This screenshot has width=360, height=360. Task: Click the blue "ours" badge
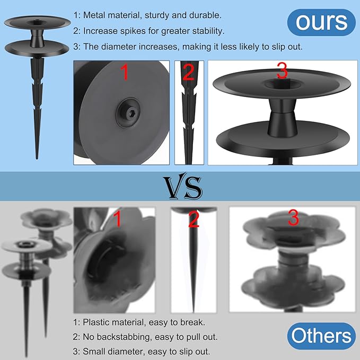(x=321, y=22)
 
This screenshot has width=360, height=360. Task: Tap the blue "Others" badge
(x=321, y=336)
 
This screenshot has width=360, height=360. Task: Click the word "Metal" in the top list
(x=94, y=15)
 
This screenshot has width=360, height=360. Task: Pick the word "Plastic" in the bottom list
(x=96, y=322)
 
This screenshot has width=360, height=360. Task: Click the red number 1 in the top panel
(x=124, y=72)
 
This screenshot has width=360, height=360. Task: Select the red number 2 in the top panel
(x=189, y=72)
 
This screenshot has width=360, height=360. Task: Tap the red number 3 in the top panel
(x=282, y=71)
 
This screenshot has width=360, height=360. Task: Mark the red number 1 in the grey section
(x=117, y=218)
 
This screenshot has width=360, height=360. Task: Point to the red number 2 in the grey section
(x=194, y=219)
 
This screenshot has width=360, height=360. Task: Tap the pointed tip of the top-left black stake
(x=37, y=159)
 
